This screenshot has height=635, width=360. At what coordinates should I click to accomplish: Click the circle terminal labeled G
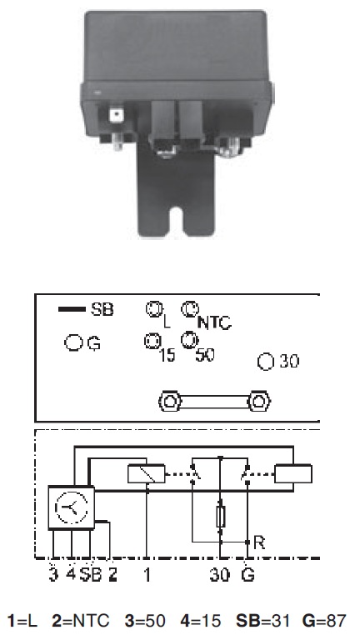click(x=72, y=343)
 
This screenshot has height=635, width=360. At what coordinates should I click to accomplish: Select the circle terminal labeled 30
click(x=266, y=362)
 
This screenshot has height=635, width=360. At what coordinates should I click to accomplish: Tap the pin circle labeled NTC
click(x=187, y=309)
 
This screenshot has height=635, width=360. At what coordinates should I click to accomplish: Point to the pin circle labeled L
click(x=153, y=309)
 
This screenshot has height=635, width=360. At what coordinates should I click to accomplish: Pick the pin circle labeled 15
click(x=152, y=341)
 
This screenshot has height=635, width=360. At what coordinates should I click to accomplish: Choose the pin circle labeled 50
click(x=188, y=340)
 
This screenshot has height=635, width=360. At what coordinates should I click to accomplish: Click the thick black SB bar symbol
click(x=72, y=309)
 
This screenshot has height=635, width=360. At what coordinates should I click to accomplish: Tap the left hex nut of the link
click(x=170, y=402)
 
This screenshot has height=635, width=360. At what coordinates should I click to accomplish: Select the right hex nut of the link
click(x=259, y=402)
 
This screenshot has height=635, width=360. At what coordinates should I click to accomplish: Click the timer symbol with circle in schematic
click(x=72, y=507)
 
